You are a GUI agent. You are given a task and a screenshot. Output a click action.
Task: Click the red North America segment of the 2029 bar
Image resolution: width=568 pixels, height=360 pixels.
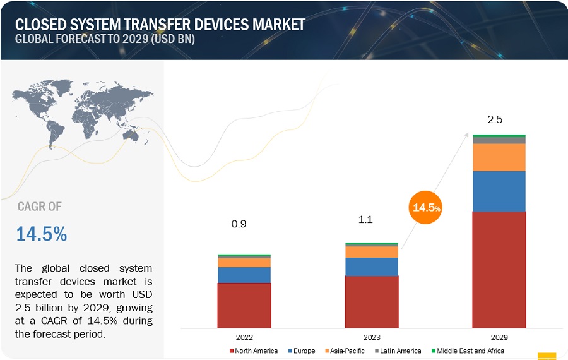click(499, 270)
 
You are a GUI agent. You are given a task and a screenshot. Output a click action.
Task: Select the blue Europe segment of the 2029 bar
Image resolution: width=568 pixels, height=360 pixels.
click(499, 191)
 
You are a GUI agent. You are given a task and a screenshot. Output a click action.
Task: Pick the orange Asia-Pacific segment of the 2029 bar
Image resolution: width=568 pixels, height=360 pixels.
click(499, 157)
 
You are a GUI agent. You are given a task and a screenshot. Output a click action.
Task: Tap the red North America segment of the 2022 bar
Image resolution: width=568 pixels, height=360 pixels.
click(244, 305)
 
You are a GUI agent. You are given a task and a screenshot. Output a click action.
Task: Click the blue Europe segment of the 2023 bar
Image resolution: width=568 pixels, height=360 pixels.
click(371, 267)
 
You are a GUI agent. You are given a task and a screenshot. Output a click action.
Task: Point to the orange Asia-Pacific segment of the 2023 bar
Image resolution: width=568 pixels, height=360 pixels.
click(371, 251)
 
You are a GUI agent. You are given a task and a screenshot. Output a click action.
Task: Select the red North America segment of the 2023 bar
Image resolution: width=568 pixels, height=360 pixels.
click(371, 302)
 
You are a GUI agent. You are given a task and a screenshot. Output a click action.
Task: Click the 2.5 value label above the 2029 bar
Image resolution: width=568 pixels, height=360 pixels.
click(495, 119)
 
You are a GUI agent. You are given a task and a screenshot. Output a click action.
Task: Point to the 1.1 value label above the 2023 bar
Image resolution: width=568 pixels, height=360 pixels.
click(365, 220)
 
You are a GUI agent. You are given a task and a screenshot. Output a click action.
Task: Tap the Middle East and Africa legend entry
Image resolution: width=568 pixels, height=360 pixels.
click(468, 351)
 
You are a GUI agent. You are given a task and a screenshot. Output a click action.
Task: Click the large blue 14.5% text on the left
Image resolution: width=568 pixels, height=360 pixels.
click(41, 234)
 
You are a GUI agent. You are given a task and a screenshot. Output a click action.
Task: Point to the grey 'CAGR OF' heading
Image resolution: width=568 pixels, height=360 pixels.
click(40, 207)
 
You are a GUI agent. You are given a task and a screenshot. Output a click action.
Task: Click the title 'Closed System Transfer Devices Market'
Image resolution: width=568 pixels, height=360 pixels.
click(160, 24)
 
